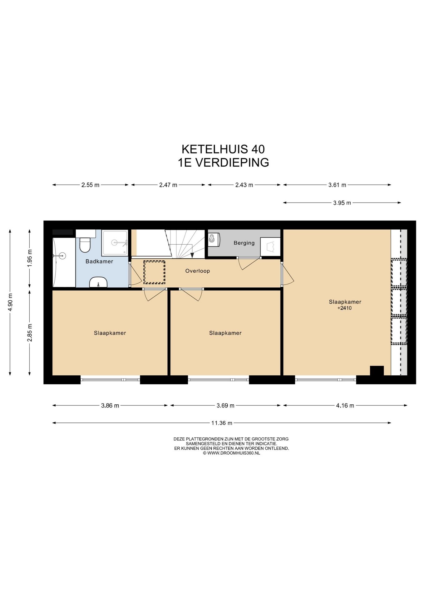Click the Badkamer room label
[x=99, y=261]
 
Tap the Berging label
[x=244, y=243]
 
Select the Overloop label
[x=198, y=271]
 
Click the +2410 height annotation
[x=344, y=308]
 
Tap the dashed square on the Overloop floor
[x=154, y=272]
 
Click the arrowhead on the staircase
[x=192, y=255]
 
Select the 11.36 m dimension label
[x=222, y=423]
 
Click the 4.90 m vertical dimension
[x=10, y=302]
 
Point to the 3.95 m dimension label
[x=342, y=203]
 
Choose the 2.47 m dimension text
[x=168, y=185]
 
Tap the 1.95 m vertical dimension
[x=30, y=258]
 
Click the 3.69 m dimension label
[x=225, y=406]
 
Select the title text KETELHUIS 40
[x=223, y=149]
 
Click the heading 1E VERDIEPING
[x=223, y=163]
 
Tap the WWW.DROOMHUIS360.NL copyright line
[x=231, y=453]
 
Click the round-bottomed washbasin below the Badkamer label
[x=98, y=282]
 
